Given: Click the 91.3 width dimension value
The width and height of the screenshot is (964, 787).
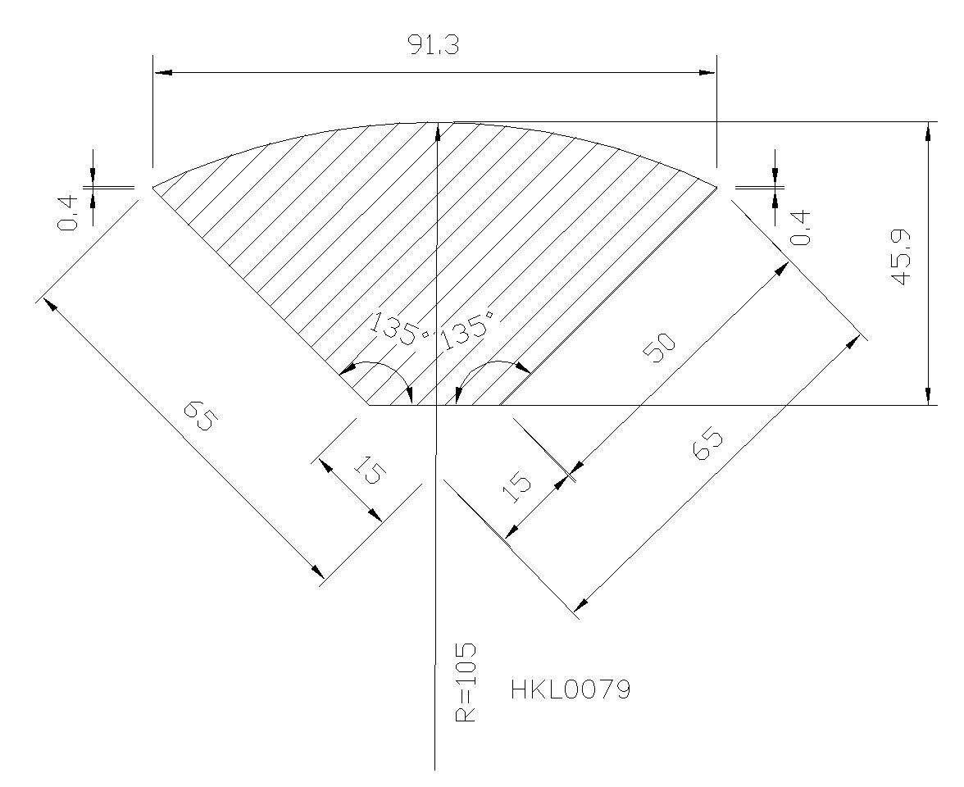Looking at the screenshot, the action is coord(434,45).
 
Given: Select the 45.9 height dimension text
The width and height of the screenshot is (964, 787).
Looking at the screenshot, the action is coord(902,259).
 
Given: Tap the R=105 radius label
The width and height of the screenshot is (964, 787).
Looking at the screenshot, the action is coord(466,682).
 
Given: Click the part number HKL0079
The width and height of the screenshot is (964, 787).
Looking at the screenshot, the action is coord(571,690).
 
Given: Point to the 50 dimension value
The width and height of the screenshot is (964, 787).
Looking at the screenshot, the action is coord(659,348).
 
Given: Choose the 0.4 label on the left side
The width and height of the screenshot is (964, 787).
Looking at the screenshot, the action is coord(68,213).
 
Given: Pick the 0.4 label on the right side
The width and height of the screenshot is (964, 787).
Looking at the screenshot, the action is coord(800,228).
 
